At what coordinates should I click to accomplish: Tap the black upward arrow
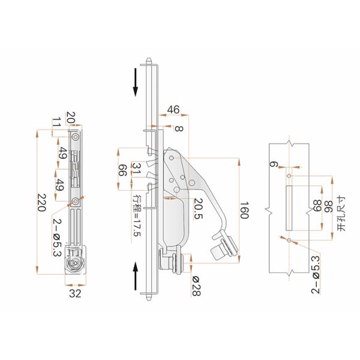(136, 277)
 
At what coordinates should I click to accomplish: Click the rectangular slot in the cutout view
(289, 208)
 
